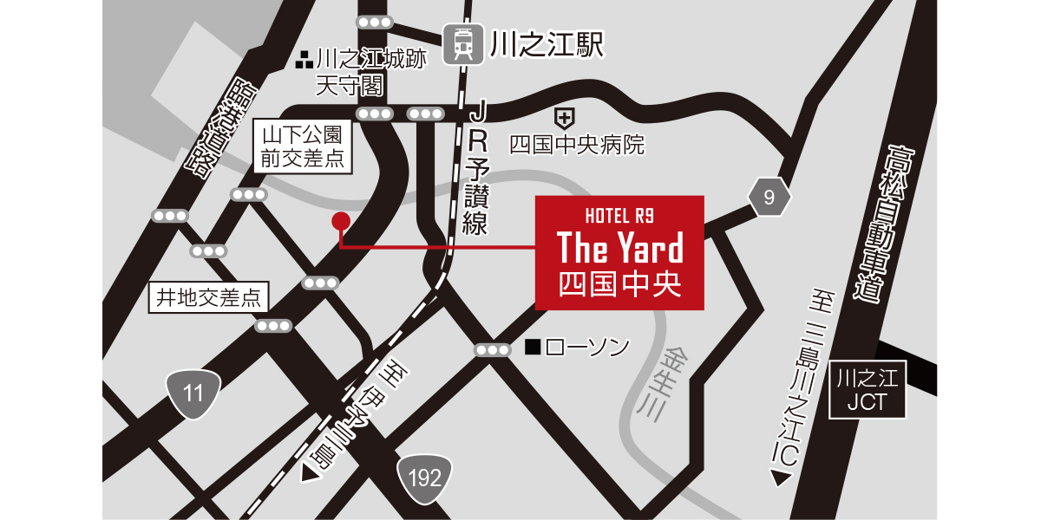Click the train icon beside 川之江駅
[x=463, y=43]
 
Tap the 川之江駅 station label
[x=546, y=44]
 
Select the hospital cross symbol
[x=564, y=115]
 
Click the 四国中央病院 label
[x=577, y=145]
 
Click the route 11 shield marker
[x=193, y=393]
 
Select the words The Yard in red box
[x=619, y=248]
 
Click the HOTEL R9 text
[x=619, y=214]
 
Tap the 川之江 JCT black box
[x=867, y=390]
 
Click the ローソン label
[x=588, y=348]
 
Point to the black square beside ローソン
[x=533, y=348]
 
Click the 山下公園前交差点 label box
[x=303, y=146]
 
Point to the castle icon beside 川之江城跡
[x=304, y=61]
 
